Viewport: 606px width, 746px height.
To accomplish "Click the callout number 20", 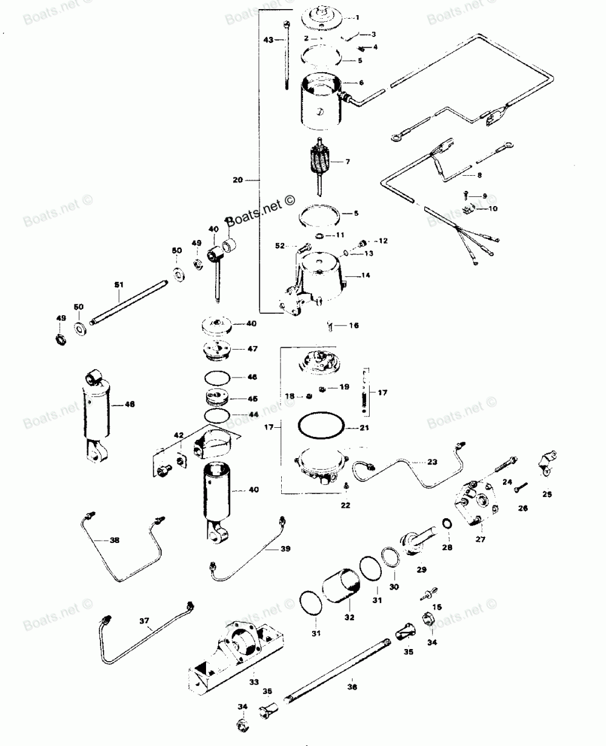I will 238,180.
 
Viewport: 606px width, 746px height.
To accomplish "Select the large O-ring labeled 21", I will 321,428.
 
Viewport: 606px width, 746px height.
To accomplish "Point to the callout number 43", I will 268,39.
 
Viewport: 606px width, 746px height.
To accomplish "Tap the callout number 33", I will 253,682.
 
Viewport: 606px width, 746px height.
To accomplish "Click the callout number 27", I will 480,539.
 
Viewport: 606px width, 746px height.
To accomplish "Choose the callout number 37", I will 144,621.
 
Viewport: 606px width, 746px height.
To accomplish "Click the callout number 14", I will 365,276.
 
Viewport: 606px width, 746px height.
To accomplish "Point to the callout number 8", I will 479,175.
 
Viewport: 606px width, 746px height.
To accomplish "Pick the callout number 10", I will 493,208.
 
